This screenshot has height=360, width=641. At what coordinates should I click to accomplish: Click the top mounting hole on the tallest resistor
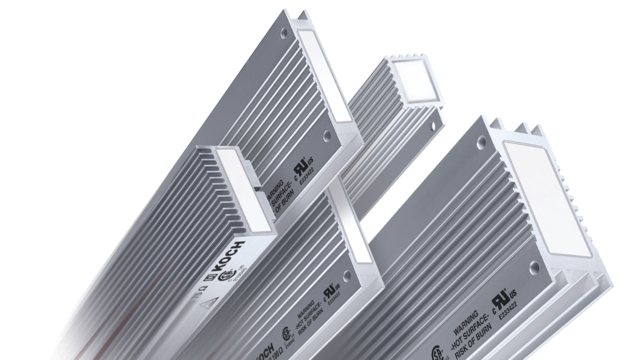pyautogui.click(x=285, y=29)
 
